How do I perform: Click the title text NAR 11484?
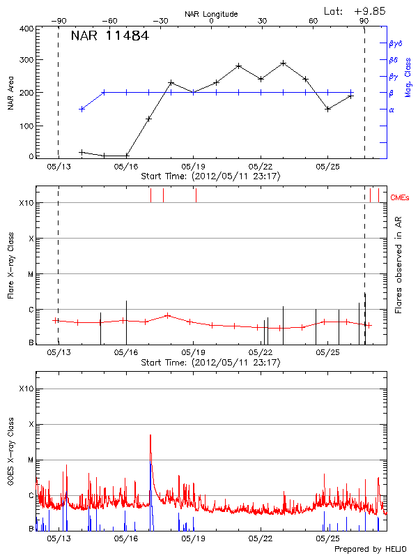(109, 36)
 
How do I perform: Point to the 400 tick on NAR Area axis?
(26, 29)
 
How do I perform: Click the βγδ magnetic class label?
(395, 43)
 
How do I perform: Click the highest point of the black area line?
(284, 63)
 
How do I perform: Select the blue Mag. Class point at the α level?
(82, 109)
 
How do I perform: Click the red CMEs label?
(401, 199)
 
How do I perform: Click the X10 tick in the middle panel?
(26, 203)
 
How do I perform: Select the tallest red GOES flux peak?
(150, 435)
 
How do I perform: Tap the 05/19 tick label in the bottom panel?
(193, 538)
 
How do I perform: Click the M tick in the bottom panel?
(30, 460)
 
